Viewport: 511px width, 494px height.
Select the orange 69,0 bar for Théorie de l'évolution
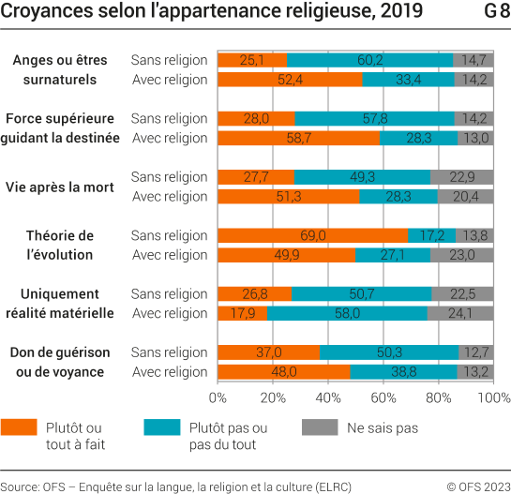pyautogui.click(x=312, y=235)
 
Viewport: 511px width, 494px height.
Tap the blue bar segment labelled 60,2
pyautogui.click(x=369, y=60)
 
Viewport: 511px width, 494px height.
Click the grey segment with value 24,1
pyautogui.click(x=460, y=313)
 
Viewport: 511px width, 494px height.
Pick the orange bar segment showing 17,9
pyautogui.click(x=242, y=313)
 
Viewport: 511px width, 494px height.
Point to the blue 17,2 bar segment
pyautogui.click(x=432, y=235)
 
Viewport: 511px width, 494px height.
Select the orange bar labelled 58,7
pyautogui.click(x=298, y=138)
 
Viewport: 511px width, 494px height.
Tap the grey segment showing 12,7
pyautogui.click(x=476, y=352)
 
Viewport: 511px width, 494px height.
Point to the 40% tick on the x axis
pyautogui.click(x=328, y=397)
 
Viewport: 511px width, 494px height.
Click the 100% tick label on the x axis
pyautogui.click(x=492, y=397)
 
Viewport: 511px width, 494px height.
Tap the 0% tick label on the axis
pyautogui.click(x=218, y=397)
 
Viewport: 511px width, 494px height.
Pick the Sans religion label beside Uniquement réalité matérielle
pyautogui.click(x=169, y=293)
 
